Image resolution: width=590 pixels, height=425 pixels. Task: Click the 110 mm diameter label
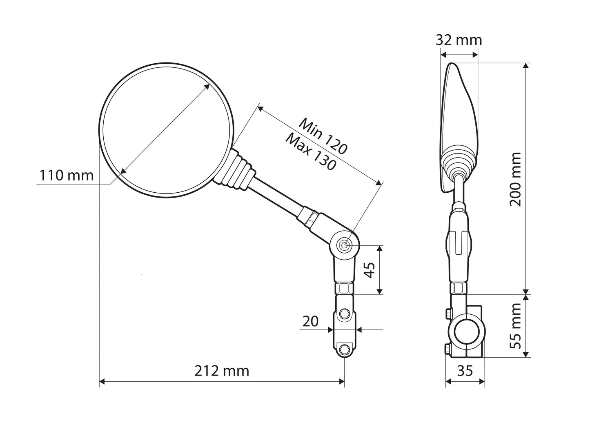click(x=67, y=176)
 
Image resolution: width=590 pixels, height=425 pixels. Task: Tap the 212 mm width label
click(x=222, y=371)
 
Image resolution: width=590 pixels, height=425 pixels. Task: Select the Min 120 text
click(x=323, y=136)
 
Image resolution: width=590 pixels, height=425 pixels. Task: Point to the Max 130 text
click(x=311, y=152)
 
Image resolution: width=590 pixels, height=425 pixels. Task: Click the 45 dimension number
click(x=370, y=270)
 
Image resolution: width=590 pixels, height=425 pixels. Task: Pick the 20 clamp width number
click(x=310, y=321)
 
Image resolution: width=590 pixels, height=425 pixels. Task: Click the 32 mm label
click(x=459, y=40)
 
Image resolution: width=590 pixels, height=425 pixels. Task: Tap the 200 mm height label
click(x=515, y=179)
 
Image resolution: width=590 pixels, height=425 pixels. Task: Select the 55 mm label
click(x=515, y=326)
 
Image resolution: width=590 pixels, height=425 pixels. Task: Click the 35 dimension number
click(x=465, y=371)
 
